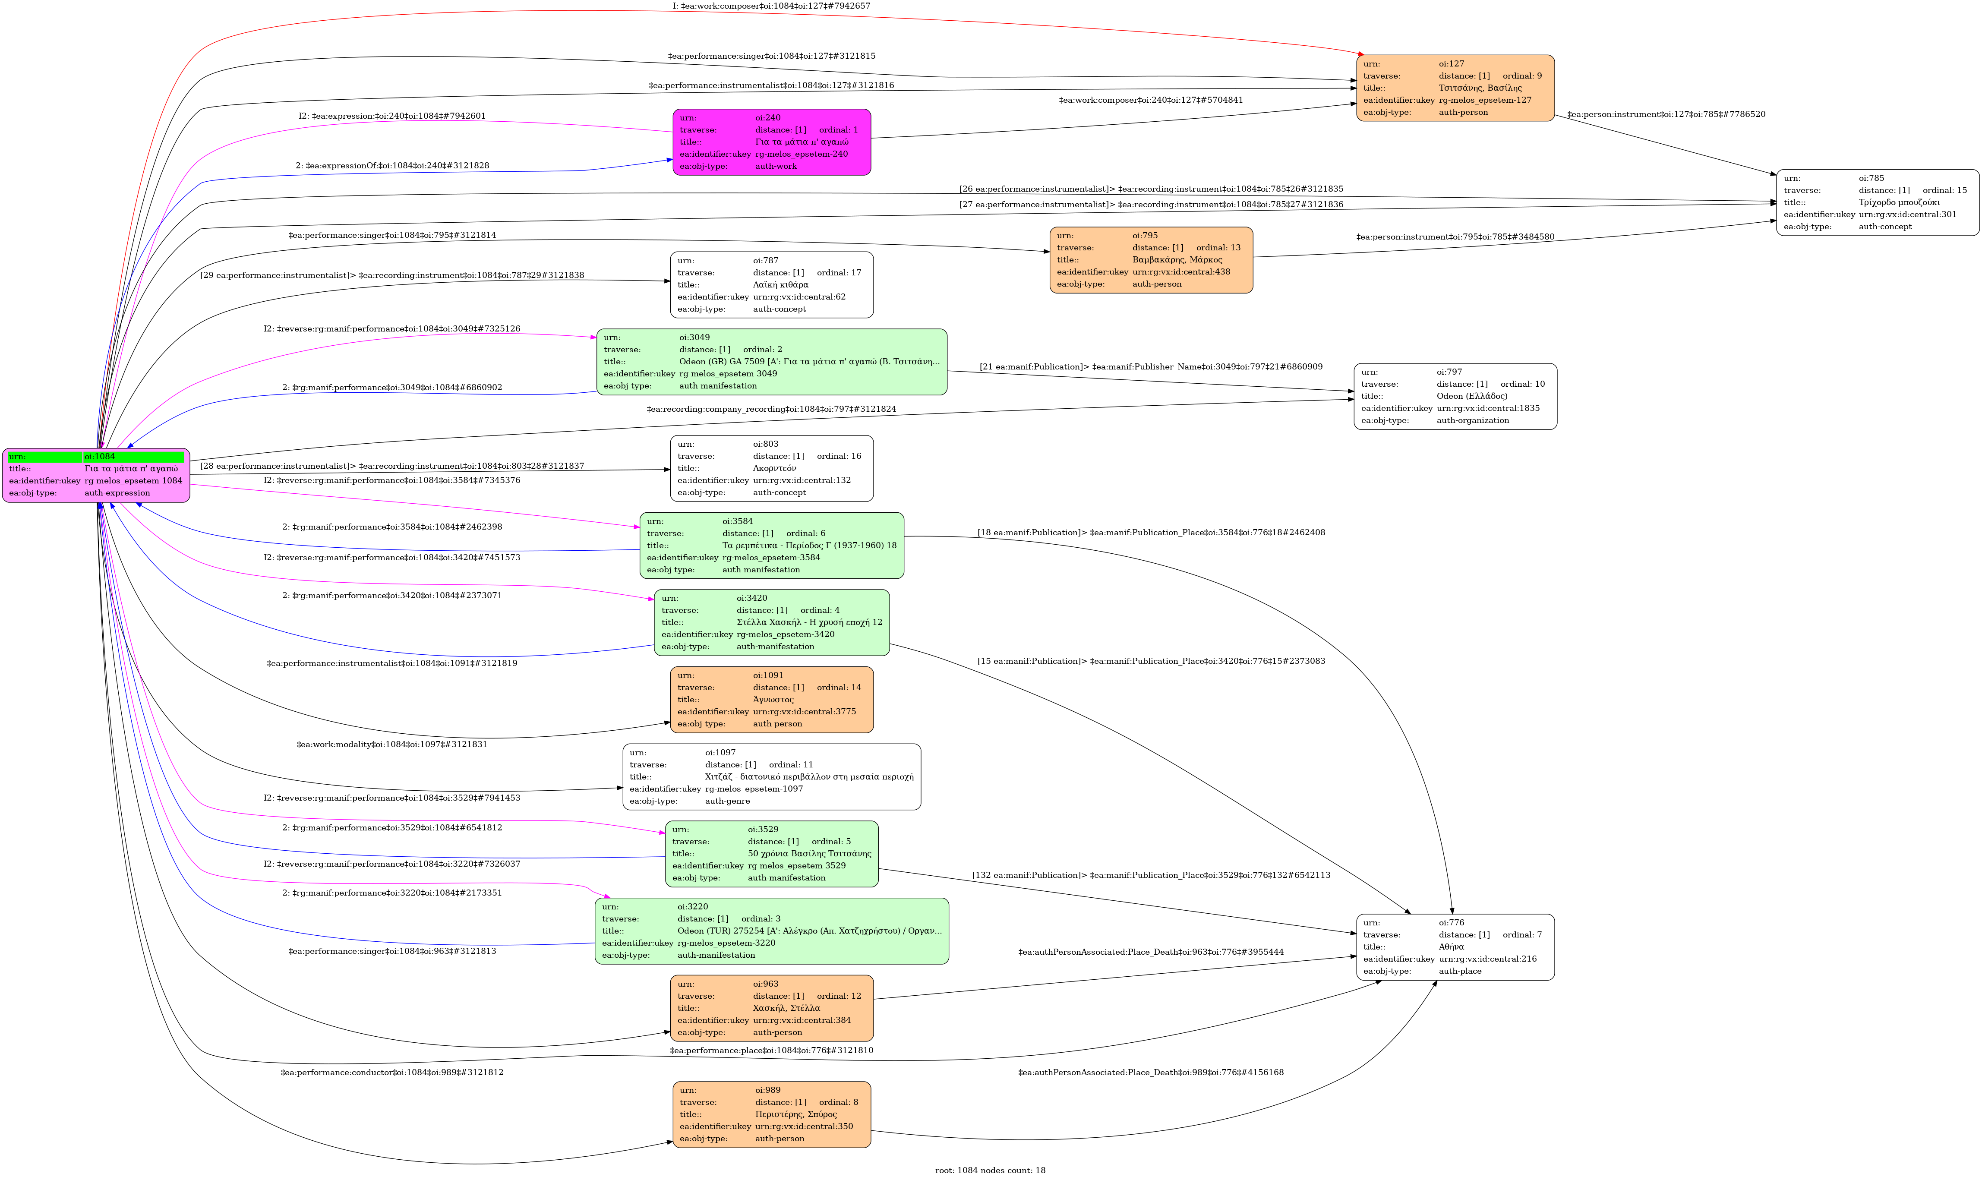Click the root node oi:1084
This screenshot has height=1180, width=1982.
tap(96, 475)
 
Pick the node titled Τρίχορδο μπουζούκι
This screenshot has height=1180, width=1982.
tap(1877, 203)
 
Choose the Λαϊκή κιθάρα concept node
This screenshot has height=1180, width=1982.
tap(771, 285)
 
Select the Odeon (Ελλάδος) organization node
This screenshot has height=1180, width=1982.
tap(1455, 396)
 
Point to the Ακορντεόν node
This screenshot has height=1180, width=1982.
tap(771, 468)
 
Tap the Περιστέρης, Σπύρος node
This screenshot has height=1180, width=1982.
tap(771, 1114)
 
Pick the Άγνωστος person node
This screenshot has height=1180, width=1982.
tap(771, 700)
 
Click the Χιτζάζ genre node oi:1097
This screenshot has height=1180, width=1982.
tap(771, 777)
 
